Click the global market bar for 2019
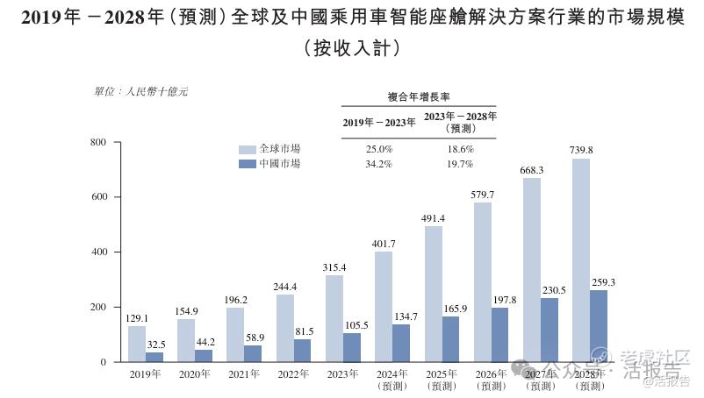[136, 344]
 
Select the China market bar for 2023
[351, 347]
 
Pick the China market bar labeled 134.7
[400, 343]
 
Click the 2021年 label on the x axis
[243, 374]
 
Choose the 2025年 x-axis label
[441, 374]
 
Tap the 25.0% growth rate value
[379, 149]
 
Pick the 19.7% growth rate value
[460, 164]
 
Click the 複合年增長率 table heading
[419, 96]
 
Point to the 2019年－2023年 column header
[378, 122]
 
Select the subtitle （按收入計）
[351, 48]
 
